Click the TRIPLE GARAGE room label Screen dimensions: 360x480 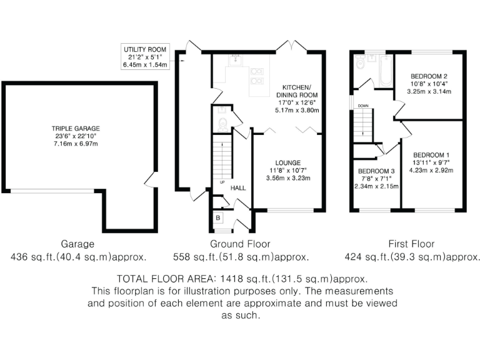tap(75, 128)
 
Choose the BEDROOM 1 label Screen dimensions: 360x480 tap(431, 154)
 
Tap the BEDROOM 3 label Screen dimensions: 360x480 tap(376, 171)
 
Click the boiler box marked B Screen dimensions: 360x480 tap(217, 217)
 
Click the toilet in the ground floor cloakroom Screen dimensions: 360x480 tap(221, 124)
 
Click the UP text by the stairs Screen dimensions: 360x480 tap(222, 182)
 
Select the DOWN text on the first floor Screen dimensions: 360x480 tap(363, 106)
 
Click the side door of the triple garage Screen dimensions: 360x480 tap(149, 181)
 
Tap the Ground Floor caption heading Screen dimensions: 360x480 tap(240, 244)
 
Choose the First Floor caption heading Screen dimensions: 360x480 tap(412, 244)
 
